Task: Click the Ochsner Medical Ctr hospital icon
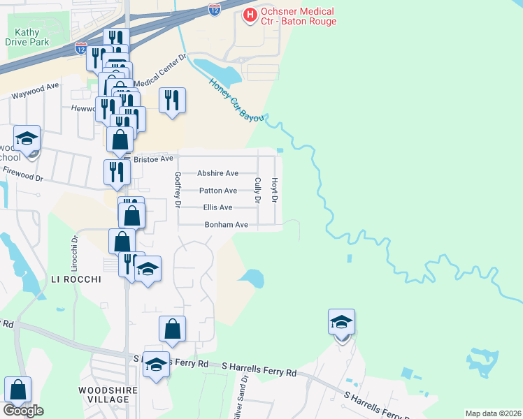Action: click(248, 14)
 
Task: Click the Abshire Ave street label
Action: click(217, 173)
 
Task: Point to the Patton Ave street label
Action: click(218, 191)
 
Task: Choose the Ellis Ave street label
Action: click(217, 207)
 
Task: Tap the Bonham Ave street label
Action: click(226, 225)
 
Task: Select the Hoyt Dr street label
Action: click(275, 189)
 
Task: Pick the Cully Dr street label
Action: click(257, 189)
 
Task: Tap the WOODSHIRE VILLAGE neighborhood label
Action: click(103, 393)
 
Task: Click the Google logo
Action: click(23, 411)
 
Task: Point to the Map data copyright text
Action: click(493, 413)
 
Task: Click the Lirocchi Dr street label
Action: click(74, 253)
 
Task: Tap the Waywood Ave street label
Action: click(34, 91)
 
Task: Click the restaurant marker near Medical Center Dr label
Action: click(171, 101)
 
